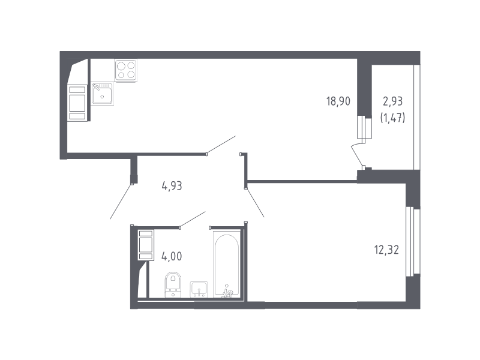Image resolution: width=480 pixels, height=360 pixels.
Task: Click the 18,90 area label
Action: tap(338, 101)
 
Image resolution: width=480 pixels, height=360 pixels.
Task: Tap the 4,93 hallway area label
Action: tap(172, 186)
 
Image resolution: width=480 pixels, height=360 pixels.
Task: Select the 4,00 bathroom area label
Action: tap(172, 256)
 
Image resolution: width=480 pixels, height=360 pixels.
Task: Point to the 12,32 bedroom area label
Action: tap(386, 250)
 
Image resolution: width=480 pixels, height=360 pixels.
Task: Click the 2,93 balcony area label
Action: tap(393, 101)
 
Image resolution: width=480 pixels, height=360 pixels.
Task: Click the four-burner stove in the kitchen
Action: tap(126, 70)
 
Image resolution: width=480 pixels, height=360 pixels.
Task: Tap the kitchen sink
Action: tap(102, 94)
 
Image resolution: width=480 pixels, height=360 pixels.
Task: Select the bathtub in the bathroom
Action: tap(227, 265)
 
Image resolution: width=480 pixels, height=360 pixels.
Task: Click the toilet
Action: tap(173, 284)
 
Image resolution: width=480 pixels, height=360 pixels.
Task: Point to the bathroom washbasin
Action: tap(199, 289)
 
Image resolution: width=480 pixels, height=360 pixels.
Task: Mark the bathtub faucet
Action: tap(227, 293)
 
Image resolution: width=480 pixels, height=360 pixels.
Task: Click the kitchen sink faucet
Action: tap(96, 87)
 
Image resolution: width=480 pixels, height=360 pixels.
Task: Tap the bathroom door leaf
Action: tap(193, 220)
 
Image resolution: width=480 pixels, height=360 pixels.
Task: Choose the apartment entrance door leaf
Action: tap(121, 202)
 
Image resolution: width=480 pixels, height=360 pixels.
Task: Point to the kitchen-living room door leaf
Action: tap(221, 145)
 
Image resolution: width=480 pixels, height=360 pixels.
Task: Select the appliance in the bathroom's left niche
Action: tap(146, 245)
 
